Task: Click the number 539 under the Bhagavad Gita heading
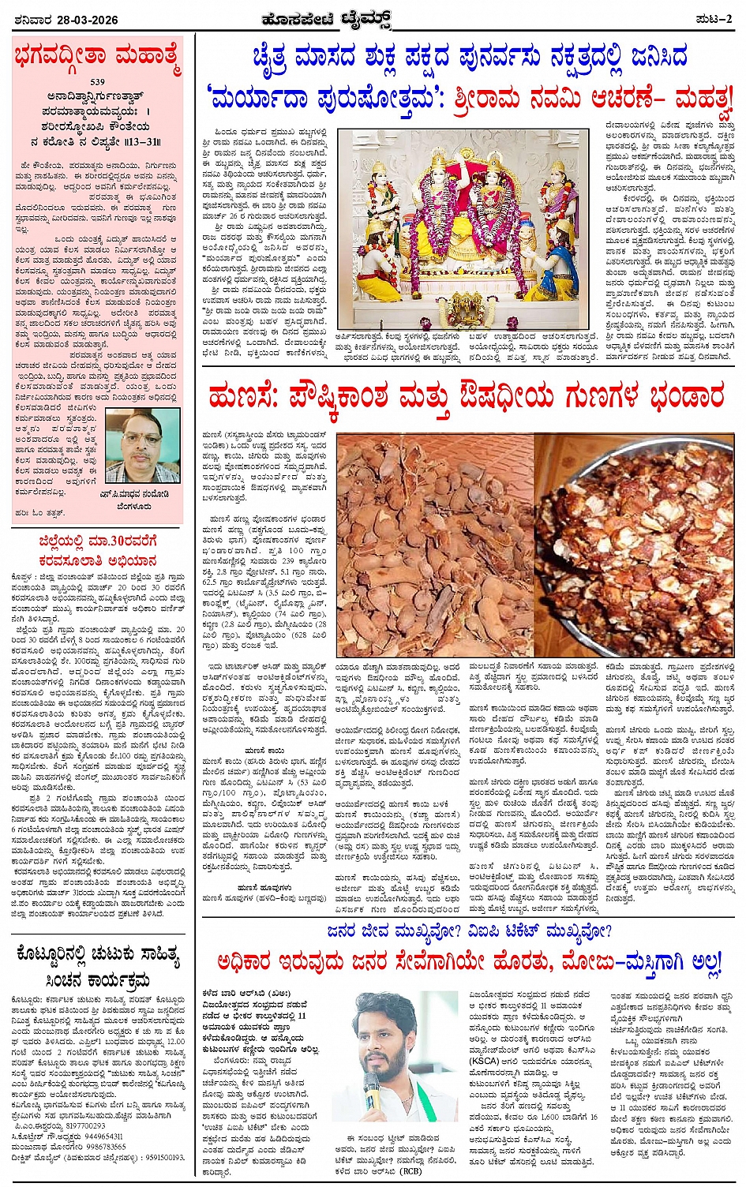(x=98, y=82)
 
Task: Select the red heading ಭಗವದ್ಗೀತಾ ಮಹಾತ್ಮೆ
(x=98, y=58)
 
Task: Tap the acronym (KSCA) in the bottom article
(x=484, y=1062)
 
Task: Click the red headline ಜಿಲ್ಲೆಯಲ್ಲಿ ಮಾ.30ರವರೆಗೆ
(x=98, y=541)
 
